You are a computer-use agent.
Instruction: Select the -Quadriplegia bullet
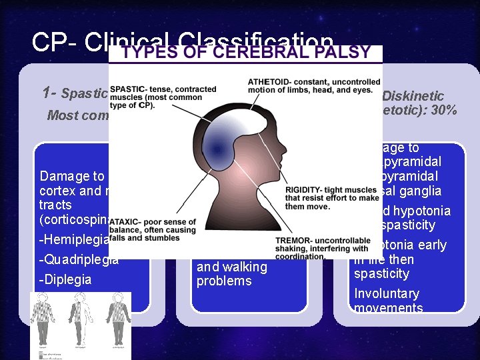click(80, 259)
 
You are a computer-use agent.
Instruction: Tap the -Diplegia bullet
click(66, 279)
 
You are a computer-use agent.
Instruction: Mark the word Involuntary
click(387, 294)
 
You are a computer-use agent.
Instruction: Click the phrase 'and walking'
click(231, 267)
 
